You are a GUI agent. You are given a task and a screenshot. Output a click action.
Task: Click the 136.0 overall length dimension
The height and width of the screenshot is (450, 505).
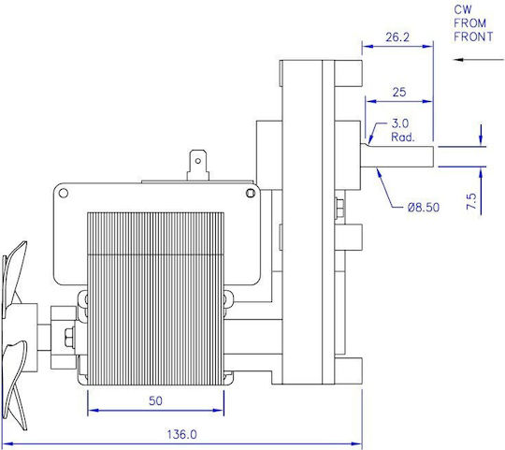coord(181,434)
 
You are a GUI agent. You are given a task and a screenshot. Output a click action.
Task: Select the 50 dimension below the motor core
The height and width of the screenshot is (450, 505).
coord(155,400)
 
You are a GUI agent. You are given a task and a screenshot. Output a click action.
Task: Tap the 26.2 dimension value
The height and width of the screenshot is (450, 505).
coord(397,37)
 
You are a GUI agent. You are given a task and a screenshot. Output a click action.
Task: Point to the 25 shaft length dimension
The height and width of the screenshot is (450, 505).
coord(399,93)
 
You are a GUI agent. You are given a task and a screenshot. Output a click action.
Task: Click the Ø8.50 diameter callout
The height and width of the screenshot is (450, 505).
coord(424,207)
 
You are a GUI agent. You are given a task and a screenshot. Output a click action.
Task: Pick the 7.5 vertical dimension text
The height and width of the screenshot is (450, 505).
coord(471,201)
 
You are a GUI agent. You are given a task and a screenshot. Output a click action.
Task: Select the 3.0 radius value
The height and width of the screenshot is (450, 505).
coord(400,123)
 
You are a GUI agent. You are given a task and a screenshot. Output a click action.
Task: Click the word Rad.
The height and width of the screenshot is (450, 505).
coord(402,138)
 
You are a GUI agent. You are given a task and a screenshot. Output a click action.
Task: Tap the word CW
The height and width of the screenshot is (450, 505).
coord(463,9)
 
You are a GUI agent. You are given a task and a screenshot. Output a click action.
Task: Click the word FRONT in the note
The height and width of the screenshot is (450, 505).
coord(473,36)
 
